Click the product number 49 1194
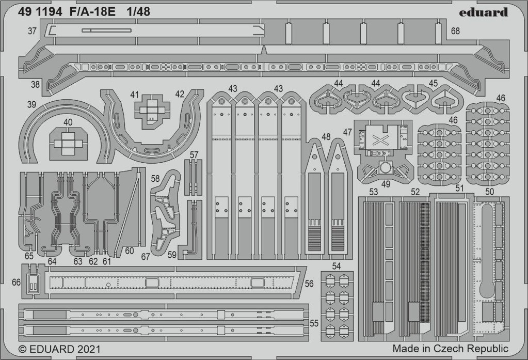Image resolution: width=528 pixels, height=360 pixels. tap(40, 12)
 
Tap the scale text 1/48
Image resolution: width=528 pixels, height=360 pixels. tap(139, 12)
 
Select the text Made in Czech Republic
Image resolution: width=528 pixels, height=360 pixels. tap(450, 348)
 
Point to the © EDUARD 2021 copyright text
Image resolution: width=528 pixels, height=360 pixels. tap(59, 349)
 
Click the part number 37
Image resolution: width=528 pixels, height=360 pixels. tap(32, 31)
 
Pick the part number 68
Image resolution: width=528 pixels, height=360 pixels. tap(455, 31)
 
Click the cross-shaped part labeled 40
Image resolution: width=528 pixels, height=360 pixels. tap(68, 144)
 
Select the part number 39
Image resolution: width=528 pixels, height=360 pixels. tap(31, 104)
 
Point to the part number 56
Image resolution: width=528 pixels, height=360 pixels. tap(309, 284)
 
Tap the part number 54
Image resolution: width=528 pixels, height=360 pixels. tap(337, 266)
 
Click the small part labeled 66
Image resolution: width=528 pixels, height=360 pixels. tap(33, 282)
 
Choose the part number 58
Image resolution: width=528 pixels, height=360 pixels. tap(155, 178)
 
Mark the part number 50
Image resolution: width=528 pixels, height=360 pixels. tap(490, 192)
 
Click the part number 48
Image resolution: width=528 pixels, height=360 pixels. tap(326, 136)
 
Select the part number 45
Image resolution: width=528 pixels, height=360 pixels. tap(434, 83)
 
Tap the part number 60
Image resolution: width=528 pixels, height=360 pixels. tap(130, 251)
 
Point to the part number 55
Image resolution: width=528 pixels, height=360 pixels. tap(314, 323)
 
